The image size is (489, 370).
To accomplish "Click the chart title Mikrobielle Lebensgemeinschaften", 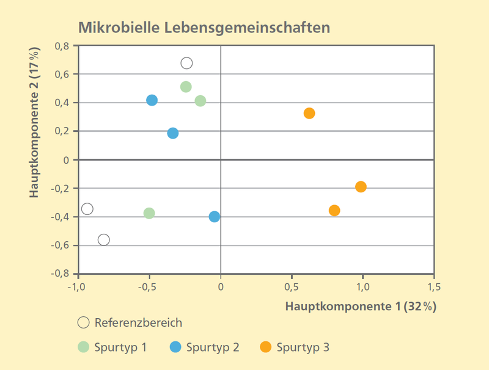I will coord(204,27).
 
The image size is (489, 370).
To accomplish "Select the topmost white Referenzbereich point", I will coord(186,63).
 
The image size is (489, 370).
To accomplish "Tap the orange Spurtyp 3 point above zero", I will coord(309,113).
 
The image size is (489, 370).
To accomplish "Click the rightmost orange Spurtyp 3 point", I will coord(361,186).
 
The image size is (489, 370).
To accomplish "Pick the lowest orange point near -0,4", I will coord(334,211).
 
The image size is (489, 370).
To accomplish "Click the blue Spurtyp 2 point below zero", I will coord(215,216).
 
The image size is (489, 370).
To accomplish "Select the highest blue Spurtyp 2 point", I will coord(152,100).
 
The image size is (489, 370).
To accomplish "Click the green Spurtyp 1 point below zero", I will coord(149,213).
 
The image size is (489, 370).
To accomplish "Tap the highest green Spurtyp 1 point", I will coord(186,87).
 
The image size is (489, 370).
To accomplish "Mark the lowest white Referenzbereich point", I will coord(104,239).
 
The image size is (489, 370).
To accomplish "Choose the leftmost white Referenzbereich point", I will coord(87,209).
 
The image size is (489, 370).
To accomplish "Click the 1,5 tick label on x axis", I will coord(434,286).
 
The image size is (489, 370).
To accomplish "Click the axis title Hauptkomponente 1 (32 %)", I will coord(361,306).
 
